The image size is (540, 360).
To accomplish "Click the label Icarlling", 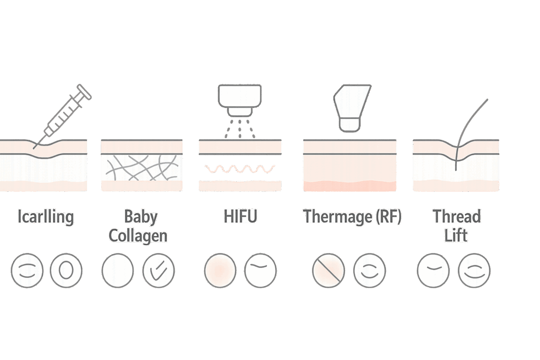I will (45, 217).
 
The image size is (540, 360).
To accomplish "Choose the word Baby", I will (141, 217).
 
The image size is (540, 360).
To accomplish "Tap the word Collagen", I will (138, 235).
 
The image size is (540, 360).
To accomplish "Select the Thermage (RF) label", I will (352, 217).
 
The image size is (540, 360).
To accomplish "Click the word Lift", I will (456, 235).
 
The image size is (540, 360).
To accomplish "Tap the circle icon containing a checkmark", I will (159, 271).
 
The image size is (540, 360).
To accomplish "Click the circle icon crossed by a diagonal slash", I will (328, 271).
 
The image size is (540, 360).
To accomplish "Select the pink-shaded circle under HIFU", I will (220, 271).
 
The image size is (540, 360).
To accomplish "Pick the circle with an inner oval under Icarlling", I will (66, 271).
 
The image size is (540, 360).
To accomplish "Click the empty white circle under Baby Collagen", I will (118, 271).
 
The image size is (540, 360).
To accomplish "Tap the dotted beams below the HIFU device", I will (240, 129).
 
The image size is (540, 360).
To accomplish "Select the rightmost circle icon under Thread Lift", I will (474, 271).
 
